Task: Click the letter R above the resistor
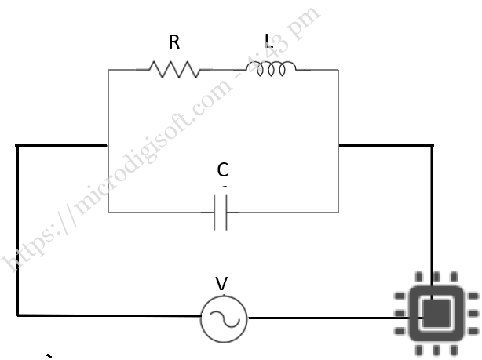(x=174, y=43)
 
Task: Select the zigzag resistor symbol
(x=173, y=70)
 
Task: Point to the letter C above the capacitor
(x=223, y=169)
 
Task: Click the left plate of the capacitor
(x=216, y=213)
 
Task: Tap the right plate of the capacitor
(x=227, y=213)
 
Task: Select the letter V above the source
(x=221, y=283)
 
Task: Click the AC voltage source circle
(x=224, y=318)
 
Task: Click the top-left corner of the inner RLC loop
(x=108, y=70)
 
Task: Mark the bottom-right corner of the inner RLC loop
(x=338, y=213)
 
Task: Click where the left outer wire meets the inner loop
(x=108, y=145)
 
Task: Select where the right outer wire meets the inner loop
(x=338, y=145)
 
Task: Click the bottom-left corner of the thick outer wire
(x=17, y=315)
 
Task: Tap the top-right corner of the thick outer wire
(x=432, y=145)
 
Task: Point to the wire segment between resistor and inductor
(x=228, y=70)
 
